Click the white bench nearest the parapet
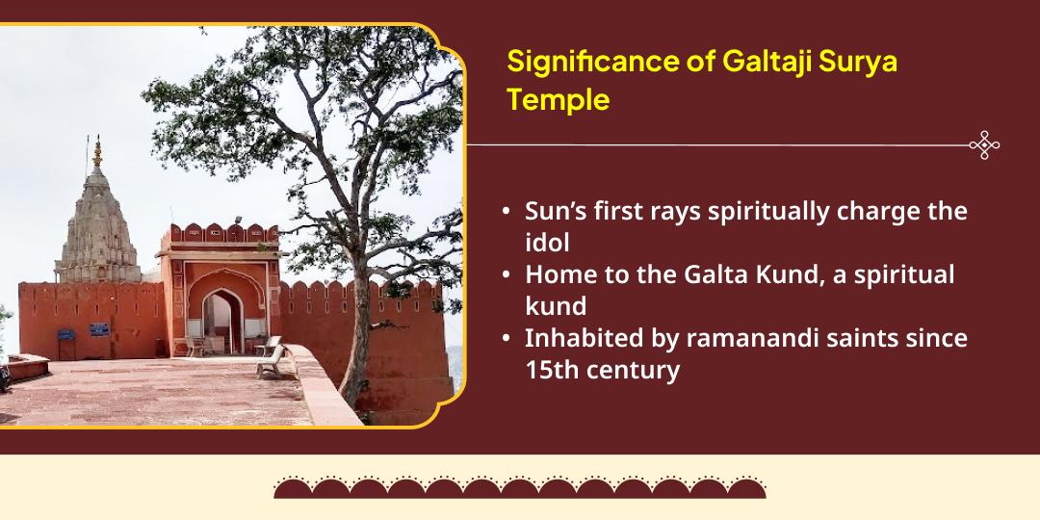click(272, 363)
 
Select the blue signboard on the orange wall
click(98, 329)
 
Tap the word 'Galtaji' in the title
click(761, 62)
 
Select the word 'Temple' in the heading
click(559, 99)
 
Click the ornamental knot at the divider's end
click(984, 145)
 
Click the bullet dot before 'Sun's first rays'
click(506, 212)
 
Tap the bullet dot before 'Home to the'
click(506, 275)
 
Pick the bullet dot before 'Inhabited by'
click(506, 339)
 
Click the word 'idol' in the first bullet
click(547, 243)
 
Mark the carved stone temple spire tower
click(96, 226)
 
